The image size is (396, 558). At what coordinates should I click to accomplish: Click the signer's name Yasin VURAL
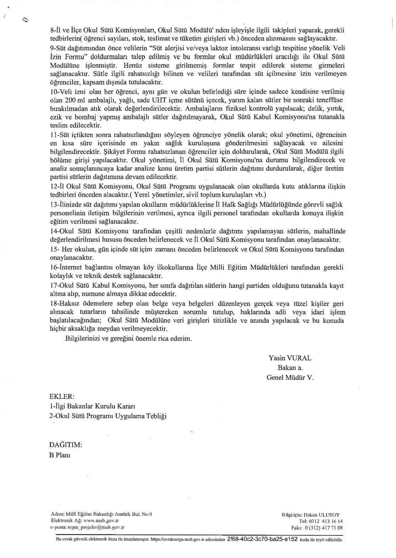pos(290,358)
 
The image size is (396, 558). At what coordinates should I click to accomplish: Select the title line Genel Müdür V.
pos(290,378)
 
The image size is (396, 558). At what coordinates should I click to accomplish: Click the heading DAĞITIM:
pos(66,445)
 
